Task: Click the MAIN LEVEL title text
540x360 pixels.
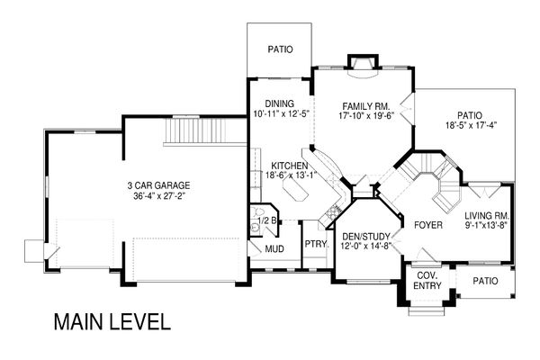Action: (111, 321)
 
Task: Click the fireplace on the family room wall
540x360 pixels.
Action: (362, 61)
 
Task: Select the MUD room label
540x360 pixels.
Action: (274, 249)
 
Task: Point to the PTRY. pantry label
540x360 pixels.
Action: (314, 243)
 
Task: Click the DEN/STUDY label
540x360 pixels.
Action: (365, 237)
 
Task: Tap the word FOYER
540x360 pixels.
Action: (428, 225)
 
